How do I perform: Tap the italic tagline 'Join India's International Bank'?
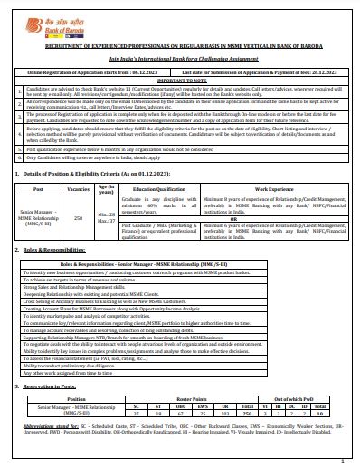click(180, 55)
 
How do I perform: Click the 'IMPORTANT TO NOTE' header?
click(180, 78)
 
